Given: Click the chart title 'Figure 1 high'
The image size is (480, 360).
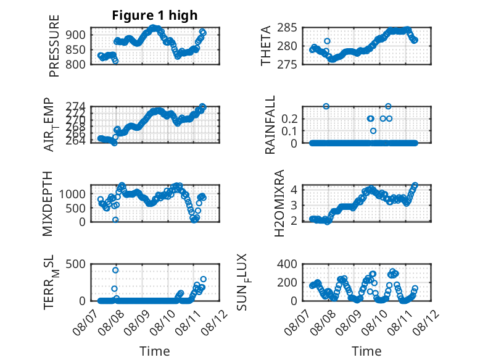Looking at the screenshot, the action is point(155,15).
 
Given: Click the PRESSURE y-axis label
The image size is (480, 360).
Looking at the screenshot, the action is point(54,46).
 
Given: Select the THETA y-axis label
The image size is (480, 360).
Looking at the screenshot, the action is point(266,46).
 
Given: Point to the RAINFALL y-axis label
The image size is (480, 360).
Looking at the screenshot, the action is point(270,125).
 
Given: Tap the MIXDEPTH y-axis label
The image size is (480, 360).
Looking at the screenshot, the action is point(48,204).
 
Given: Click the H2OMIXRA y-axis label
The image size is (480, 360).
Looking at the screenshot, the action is point(279,203).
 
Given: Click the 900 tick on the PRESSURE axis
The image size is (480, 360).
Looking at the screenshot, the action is point(76,35).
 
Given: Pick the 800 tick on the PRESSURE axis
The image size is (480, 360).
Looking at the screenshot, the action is point(76,64).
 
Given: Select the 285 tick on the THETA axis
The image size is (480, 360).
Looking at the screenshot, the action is point(287,28).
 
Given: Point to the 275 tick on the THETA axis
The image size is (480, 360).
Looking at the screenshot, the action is point(287,64).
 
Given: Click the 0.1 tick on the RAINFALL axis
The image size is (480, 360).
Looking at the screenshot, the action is point(289,131).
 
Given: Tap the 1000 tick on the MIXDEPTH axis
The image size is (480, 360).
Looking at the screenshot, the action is point(72,194).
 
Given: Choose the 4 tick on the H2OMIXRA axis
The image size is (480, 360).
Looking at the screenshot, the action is point(294,190).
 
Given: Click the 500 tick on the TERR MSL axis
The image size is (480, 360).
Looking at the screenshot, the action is point(76,264).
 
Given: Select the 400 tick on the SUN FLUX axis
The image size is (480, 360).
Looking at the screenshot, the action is point(287,264).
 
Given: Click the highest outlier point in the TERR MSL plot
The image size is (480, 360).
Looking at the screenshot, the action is point(115,270).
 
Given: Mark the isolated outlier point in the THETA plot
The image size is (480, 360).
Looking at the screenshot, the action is point(327,41).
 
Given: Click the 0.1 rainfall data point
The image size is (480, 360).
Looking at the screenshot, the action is point(373,131).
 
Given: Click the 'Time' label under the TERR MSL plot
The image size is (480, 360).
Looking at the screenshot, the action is point(155,351).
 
